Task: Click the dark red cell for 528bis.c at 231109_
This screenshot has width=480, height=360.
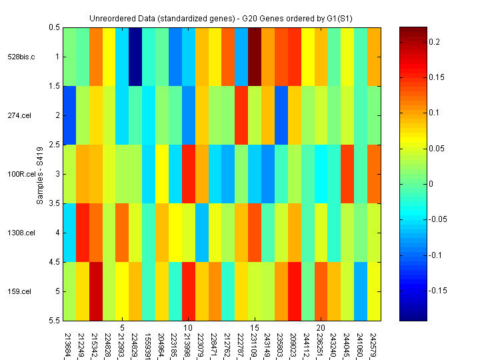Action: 255,57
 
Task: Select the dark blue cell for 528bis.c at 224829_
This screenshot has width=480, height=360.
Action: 135,57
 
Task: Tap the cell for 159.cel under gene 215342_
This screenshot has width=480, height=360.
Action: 96,291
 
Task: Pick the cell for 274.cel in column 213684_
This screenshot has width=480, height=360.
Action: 69,115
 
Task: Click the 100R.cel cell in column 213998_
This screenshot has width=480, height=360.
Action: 189,174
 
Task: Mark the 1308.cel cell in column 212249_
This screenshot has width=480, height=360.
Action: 83,233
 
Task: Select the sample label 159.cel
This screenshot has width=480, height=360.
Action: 21,291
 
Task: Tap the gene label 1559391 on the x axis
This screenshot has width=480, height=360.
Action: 149,341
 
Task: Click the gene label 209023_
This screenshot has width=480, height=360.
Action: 295,341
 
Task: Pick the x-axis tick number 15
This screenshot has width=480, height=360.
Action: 255,328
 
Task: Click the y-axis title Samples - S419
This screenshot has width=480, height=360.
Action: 40,174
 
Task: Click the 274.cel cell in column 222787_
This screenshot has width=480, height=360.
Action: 241,115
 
